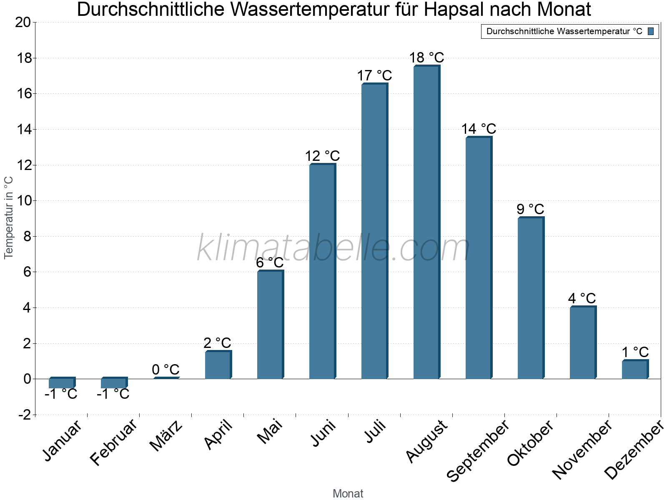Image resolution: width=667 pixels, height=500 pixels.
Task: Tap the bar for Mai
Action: tap(270, 325)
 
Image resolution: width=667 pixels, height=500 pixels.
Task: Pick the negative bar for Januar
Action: tap(61, 383)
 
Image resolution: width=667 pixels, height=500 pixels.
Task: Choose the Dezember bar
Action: tap(634, 370)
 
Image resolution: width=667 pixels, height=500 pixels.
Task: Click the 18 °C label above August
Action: tap(426, 57)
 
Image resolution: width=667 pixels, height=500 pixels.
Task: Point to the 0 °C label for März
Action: tap(165, 369)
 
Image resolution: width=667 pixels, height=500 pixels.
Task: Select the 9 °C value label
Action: tap(530, 209)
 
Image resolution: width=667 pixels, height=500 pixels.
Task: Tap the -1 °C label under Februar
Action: tap(113, 394)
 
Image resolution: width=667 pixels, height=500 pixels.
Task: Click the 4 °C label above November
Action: tap(582, 298)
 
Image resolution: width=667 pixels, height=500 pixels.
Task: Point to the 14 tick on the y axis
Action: tap(24, 130)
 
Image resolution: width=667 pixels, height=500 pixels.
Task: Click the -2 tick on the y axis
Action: tap(24, 415)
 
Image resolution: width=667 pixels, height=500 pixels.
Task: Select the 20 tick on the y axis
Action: tap(23, 22)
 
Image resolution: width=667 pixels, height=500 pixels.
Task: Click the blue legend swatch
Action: tap(651, 31)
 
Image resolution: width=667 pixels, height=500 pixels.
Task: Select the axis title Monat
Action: tap(348, 493)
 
